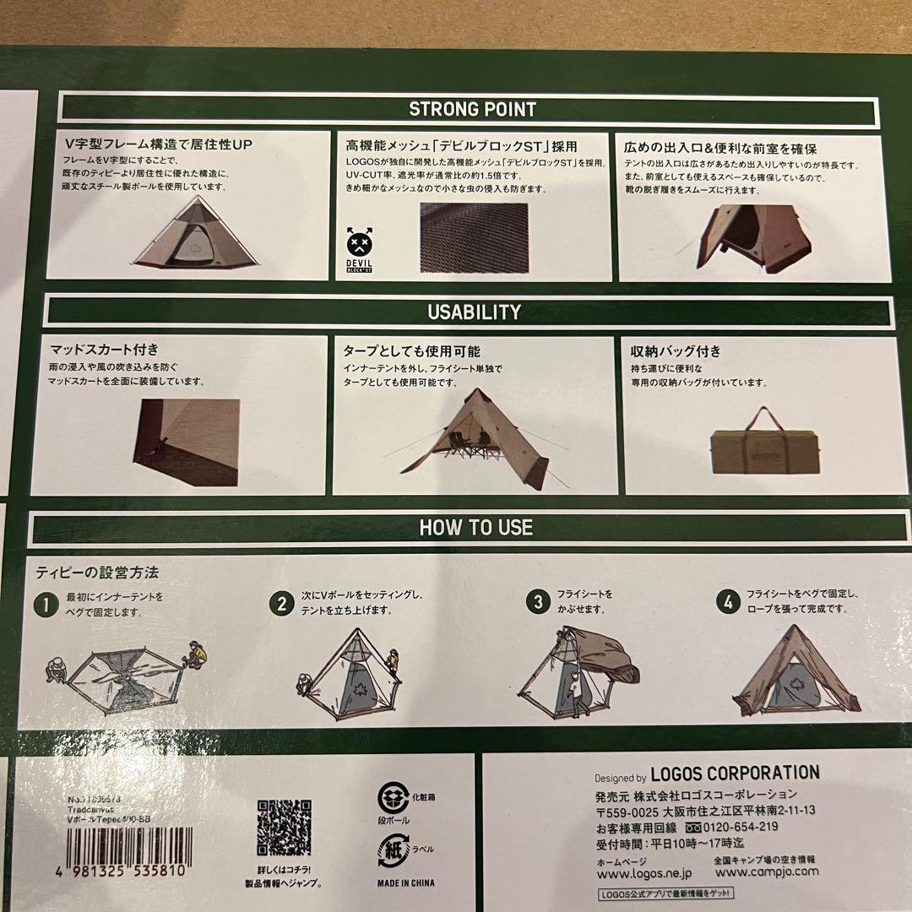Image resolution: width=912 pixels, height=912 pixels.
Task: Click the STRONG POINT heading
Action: (472, 109)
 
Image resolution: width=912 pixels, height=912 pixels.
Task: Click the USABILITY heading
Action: (474, 312)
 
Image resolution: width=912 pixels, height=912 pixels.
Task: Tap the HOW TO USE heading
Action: (476, 528)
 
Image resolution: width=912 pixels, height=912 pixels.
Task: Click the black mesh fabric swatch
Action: (474, 237)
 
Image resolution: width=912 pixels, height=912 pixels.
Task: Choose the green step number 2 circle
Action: (282, 603)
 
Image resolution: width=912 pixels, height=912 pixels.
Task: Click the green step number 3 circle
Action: (537, 602)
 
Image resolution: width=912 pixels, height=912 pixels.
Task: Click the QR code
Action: (284, 828)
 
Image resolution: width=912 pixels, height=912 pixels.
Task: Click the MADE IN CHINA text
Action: (407, 883)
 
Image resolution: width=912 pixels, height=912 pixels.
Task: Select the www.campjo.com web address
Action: (766, 871)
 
